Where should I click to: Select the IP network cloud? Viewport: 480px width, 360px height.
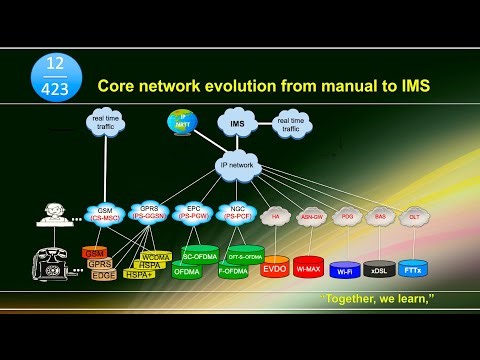tap(237, 165)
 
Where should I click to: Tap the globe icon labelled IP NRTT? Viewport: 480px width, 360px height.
tap(182, 121)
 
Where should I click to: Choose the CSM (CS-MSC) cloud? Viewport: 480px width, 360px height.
tap(104, 214)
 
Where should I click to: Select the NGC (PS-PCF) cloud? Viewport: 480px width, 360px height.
tap(237, 213)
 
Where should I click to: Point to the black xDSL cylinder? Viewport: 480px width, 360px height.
tap(379, 268)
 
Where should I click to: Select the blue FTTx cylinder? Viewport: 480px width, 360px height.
tap(412, 267)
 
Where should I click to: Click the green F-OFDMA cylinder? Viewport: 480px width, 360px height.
tap(233, 269)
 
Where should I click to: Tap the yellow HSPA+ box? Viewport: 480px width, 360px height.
tap(140, 274)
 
